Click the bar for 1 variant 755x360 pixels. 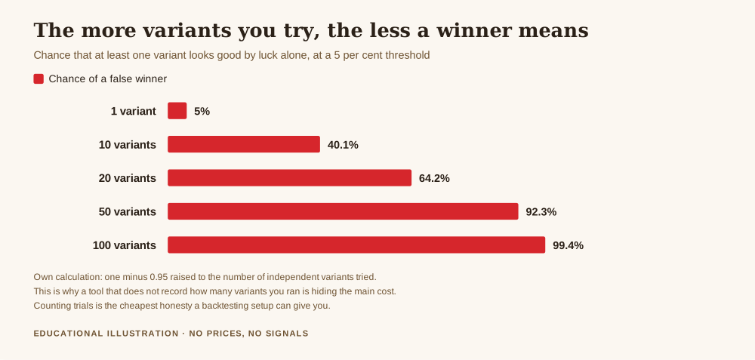coord(177,111)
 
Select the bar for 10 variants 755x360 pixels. coord(244,144)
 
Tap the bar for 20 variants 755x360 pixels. coord(289,177)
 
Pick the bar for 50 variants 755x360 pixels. coord(343,211)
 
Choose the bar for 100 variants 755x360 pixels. coord(356,245)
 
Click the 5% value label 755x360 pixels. coord(202,111)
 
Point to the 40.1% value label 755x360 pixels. coord(343,145)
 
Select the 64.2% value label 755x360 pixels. coord(434,179)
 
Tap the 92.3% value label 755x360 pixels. coord(541,212)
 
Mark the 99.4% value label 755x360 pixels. coord(569,245)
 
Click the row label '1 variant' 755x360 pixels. coord(134,111)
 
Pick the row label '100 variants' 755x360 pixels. coord(125,245)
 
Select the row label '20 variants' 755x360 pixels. coord(128,179)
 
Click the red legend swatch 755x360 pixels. coord(39,79)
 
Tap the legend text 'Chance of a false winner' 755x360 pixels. coord(108,79)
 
